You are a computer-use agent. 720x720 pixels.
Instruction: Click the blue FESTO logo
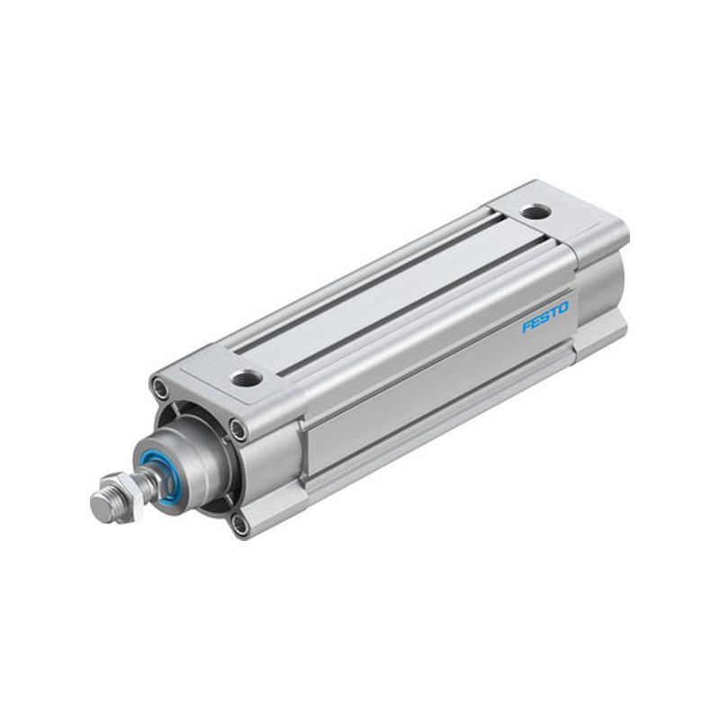tap(545, 317)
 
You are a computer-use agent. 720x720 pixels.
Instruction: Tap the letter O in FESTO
tap(563, 308)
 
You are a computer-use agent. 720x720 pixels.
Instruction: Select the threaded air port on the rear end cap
tap(535, 212)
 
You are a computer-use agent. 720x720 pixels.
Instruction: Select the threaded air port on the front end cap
tap(247, 377)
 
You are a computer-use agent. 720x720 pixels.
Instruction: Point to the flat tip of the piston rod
tap(102, 507)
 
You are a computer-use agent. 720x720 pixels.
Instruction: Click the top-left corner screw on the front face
tap(160, 386)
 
